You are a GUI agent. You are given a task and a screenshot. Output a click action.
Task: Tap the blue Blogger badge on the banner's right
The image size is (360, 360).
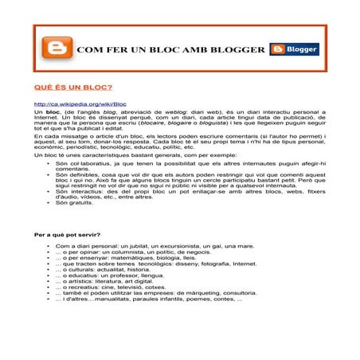(294, 49)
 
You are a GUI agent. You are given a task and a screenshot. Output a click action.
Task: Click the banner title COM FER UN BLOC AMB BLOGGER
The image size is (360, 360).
(170, 50)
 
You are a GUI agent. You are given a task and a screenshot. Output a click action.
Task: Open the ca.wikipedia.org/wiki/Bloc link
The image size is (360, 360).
(80, 104)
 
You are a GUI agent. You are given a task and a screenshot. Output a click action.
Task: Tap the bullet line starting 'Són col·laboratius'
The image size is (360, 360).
(159, 166)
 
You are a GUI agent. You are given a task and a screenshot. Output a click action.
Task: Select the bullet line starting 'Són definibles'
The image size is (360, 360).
(159, 183)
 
